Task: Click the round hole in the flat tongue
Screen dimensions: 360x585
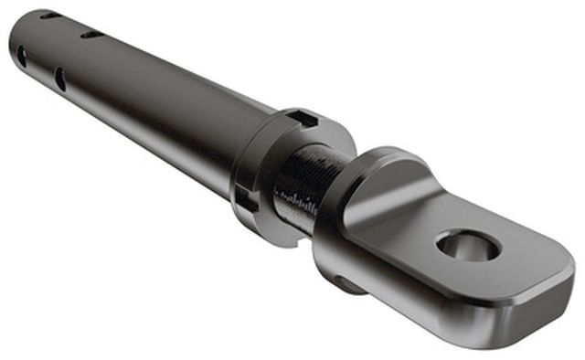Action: (x=467, y=245)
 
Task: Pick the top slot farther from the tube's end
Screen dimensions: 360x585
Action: (x=92, y=35)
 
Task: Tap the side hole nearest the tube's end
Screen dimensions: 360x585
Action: (x=21, y=57)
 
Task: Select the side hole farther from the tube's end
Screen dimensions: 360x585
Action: (x=59, y=79)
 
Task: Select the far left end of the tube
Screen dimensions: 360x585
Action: (x=15, y=41)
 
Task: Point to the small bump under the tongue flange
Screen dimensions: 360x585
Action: (x=345, y=283)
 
